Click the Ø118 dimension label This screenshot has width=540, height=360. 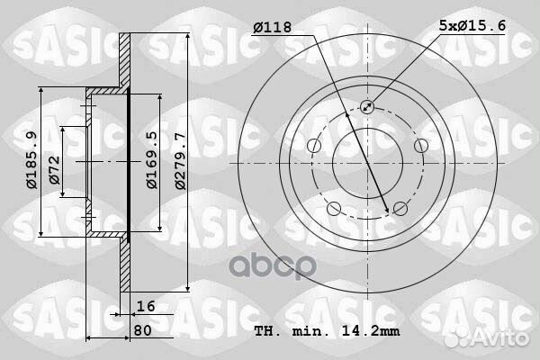pos(272,27)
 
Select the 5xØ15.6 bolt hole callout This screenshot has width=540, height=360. pos(472,25)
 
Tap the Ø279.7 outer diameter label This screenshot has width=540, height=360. pos(180,161)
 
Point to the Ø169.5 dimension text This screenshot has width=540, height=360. pos(152,159)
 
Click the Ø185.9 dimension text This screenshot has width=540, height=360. pos(32,160)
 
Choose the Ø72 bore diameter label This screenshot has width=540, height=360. pos(54,170)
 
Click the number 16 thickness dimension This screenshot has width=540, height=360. pos(146,306)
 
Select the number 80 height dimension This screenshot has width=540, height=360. pos(142,330)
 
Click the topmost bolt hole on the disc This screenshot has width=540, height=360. pos(367,107)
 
